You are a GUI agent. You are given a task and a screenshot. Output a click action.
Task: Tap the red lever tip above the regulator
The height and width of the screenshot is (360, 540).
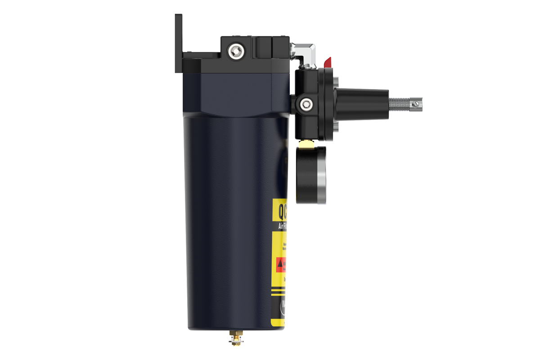coord(328,62)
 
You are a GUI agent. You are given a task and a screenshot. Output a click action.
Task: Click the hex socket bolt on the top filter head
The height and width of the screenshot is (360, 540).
coord(234,52)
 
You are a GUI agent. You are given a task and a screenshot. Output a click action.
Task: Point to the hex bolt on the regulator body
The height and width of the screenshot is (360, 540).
coord(306,104)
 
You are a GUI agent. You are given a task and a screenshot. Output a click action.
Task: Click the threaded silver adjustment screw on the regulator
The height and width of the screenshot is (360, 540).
coord(400,103)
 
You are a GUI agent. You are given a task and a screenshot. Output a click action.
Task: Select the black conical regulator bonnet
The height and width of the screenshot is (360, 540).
coord(362,104)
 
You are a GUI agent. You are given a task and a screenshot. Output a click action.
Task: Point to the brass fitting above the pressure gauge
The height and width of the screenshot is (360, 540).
coord(306,144)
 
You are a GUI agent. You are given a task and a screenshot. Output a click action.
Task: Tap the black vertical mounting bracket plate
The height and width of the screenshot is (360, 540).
coord(179,43)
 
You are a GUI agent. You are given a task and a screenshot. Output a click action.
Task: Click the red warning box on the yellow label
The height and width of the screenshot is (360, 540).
coord(281,265)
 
